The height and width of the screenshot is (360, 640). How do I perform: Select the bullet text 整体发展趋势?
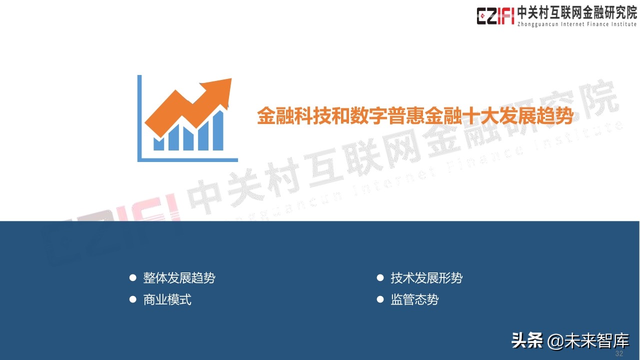(x=179, y=278)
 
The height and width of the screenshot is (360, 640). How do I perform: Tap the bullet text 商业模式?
(x=167, y=300)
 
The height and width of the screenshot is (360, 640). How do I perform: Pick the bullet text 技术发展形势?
(x=426, y=278)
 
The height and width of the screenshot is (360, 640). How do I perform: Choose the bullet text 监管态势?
(x=414, y=300)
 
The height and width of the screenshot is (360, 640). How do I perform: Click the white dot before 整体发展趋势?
(x=133, y=277)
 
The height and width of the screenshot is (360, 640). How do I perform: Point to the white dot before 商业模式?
(x=133, y=299)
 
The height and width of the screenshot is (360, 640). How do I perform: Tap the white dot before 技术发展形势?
(x=380, y=277)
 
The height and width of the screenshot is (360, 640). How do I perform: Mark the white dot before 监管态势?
(x=380, y=299)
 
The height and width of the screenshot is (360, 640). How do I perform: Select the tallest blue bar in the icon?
(x=218, y=131)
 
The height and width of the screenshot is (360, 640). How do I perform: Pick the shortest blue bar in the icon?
(x=158, y=144)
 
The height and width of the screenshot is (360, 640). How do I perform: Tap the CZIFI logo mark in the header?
(x=495, y=15)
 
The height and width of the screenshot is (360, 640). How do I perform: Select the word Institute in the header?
(x=622, y=24)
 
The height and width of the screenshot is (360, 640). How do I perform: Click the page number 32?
(x=619, y=353)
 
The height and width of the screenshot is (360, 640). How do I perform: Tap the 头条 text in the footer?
(x=527, y=341)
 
